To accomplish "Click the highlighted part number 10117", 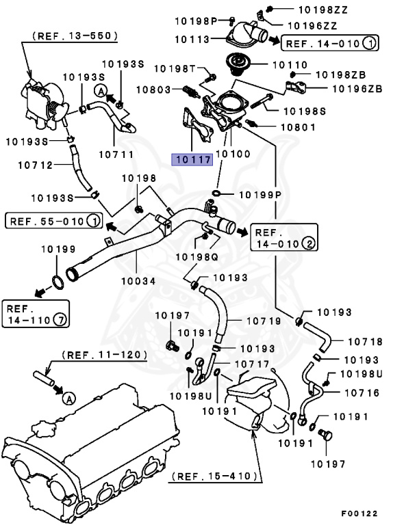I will click(192, 160).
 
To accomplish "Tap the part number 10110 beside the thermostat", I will click(290, 66).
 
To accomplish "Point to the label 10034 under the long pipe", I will click(138, 280).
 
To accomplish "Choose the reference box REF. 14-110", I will click(34, 314).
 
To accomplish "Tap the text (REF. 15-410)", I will click(215, 475).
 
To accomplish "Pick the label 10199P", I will click(260, 195).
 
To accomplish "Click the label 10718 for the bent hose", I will click(364, 341).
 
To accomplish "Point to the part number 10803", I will click(153, 89).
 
